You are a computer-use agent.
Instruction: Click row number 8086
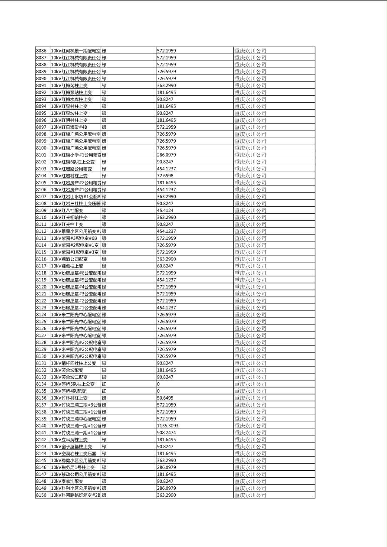coord(41,51)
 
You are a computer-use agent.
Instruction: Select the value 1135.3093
coord(167,426)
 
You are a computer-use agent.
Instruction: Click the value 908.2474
coord(166,433)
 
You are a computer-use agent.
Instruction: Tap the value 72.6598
coord(165,176)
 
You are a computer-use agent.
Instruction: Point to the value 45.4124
coord(165,210)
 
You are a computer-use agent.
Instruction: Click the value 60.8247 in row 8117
coord(165,266)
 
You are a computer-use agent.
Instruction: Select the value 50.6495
coord(165,398)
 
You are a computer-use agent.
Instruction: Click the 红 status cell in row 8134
coord(104,384)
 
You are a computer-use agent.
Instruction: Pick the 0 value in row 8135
coord(158,391)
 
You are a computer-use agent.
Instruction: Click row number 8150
coord(41,495)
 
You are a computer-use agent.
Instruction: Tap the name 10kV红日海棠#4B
coord(69,127)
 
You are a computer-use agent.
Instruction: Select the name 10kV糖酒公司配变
coord(69,259)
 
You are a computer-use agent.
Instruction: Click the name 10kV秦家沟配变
coord(67,481)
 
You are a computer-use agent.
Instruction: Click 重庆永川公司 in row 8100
coord(250,148)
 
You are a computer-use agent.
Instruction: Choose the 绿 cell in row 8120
coord(104,287)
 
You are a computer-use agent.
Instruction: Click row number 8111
coord(41,224)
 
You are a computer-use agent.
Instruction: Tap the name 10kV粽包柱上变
coord(67,266)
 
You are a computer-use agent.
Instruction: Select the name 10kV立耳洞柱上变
coord(69,440)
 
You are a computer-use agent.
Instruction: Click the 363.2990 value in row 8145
coord(166,460)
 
